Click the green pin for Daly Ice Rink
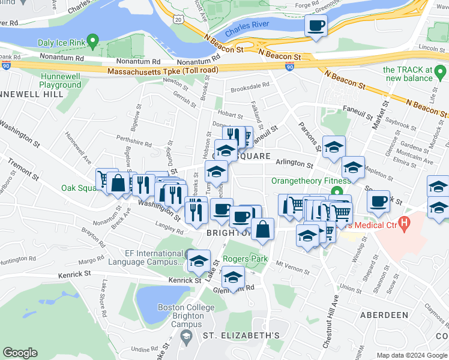(92, 41)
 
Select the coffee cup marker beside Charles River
(316, 26)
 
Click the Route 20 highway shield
(178, 20)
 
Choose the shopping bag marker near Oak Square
(119, 183)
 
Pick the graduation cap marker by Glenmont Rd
(233, 277)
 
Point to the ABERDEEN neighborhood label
(384, 314)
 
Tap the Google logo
(20, 353)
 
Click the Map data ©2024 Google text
(411, 355)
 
